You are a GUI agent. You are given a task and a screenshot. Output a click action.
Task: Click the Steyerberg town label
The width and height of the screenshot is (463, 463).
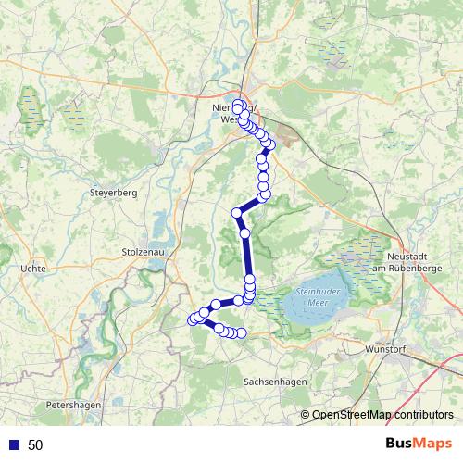[x=113, y=194]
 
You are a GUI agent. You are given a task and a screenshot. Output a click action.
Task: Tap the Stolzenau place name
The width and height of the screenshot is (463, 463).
[x=143, y=251]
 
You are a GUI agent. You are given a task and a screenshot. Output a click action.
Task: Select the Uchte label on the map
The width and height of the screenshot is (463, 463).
[x=32, y=269]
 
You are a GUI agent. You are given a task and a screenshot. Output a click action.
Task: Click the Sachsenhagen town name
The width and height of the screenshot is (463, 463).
[x=275, y=382]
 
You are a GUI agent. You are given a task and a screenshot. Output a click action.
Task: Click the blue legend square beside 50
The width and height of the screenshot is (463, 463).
[x=13, y=445]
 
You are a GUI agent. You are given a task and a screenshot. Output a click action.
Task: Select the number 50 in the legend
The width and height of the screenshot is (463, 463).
[x=35, y=445]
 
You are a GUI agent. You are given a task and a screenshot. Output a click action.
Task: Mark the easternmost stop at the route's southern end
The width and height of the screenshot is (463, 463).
[x=242, y=332]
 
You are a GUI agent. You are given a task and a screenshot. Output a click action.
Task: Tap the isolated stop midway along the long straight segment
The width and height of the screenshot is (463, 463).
[x=245, y=233]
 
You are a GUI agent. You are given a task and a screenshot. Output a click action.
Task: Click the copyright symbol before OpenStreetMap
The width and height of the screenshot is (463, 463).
[x=306, y=414]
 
